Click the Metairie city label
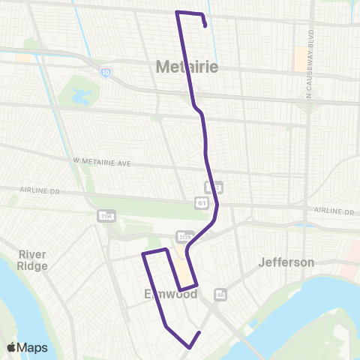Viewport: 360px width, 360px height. point(187,67)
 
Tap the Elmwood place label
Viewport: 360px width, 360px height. point(170,294)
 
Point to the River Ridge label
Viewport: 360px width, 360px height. point(33,260)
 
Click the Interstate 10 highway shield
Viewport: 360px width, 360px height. point(103,71)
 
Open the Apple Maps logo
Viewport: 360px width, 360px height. point(27,347)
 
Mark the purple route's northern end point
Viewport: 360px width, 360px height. point(205,26)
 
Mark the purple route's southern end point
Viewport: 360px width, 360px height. point(199,332)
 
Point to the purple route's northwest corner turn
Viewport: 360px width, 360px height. point(177,13)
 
